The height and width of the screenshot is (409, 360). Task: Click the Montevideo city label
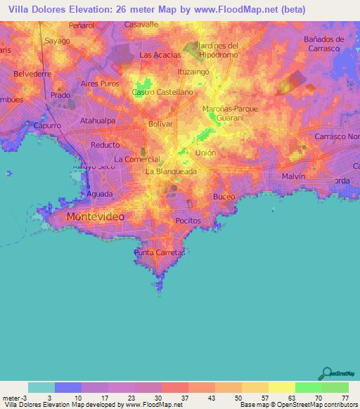click(95, 217)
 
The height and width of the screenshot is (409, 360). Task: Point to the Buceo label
click(224, 197)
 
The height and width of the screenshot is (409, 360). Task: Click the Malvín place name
click(293, 176)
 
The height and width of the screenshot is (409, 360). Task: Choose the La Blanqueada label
click(171, 171)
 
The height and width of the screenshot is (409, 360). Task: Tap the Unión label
click(205, 152)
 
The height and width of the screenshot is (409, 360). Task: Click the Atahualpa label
click(98, 121)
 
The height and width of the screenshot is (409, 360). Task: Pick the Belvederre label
click(32, 73)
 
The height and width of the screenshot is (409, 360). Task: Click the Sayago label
click(58, 41)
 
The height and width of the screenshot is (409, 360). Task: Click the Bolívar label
click(161, 124)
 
